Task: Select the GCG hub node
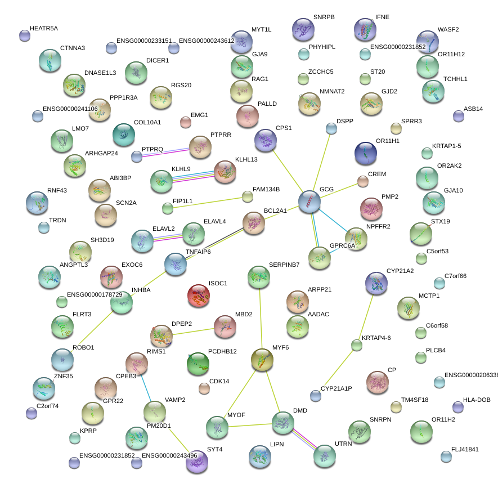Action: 309,202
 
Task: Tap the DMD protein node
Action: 283,423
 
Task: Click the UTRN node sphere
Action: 325,456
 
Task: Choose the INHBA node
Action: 122,302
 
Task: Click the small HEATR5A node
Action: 24,35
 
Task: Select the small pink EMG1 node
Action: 185,122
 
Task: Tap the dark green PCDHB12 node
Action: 198,364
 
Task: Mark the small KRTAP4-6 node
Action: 356,344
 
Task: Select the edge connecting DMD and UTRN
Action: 304,440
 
